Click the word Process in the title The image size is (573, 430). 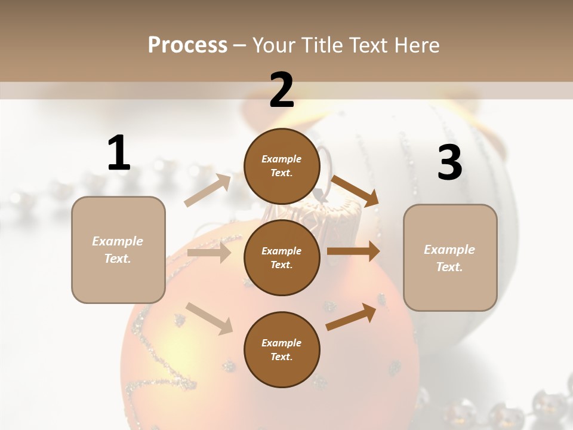click(x=187, y=45)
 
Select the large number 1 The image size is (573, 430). click(x=119, y=153)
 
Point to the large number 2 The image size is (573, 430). click(x=282, y=90)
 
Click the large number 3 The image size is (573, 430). click(x=449, y=163)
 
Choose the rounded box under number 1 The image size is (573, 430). click(x=118, y=250)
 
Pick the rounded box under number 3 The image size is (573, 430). click(x=450, y=257)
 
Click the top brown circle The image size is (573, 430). click(x=282, y=166)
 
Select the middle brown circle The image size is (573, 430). click(x=282, y=257)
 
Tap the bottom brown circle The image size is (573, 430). click(x=282, y=349)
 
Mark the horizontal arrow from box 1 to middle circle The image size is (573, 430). click(x=209, y=253)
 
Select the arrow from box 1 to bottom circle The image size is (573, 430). click(x=209, y=318)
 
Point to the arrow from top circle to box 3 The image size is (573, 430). click(x=355, y=191)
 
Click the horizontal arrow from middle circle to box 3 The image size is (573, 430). click(x=353, y=251)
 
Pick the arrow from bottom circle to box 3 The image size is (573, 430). click(x=351, y=317)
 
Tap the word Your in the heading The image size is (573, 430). click(x=273, y=45)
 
